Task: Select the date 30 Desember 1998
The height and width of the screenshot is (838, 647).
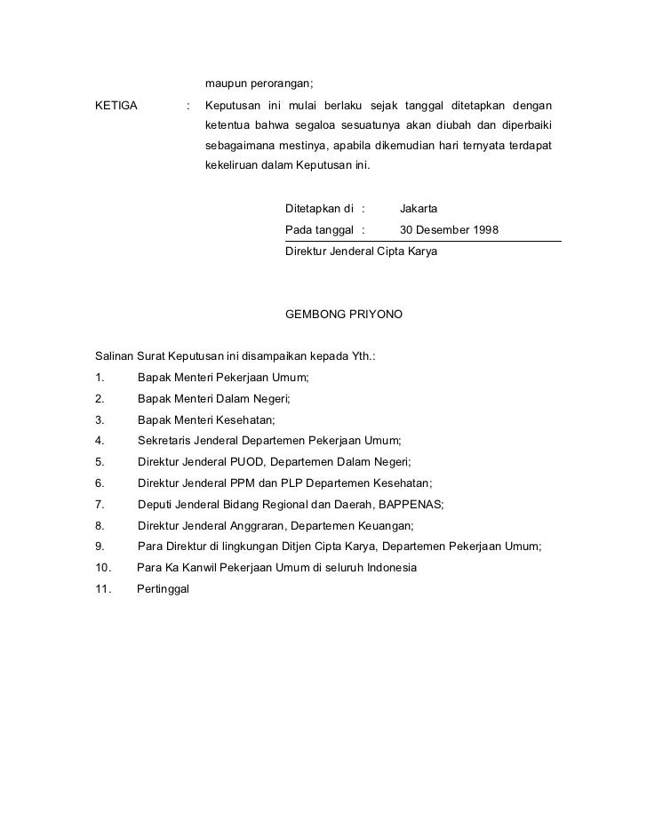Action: tap(449, 230)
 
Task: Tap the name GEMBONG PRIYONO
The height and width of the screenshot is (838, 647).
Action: tap(343, 315)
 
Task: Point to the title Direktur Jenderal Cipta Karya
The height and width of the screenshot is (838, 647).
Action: tap(361, 251)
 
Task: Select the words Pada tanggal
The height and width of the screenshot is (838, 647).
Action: tap(318, 230)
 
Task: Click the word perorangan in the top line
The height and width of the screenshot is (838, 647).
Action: tap(281, 84)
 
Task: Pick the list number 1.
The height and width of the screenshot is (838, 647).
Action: tap(99, 378)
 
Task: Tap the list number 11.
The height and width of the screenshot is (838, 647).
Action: tap(102, 588)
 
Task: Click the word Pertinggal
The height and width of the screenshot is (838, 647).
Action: tap(164, 588)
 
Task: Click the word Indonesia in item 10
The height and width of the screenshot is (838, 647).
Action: tap(388, 567)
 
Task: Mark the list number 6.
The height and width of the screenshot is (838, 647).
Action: tap(99, 483)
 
